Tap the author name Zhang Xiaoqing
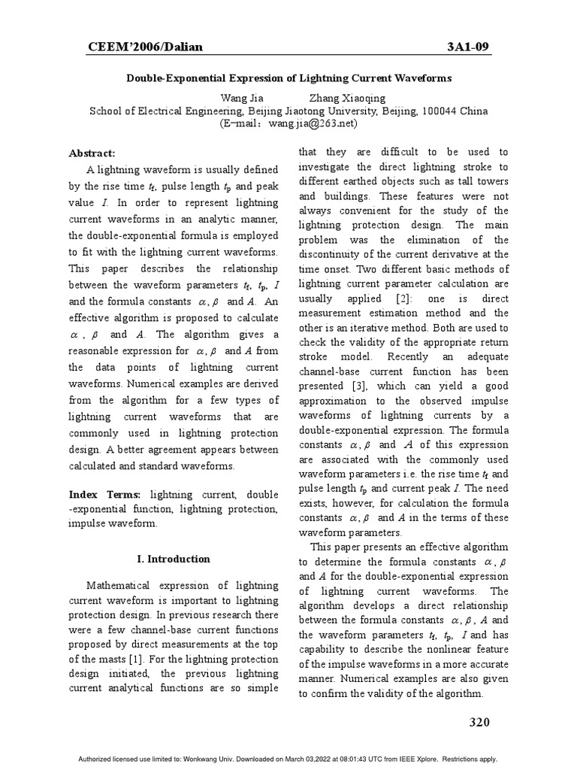coord(347,99)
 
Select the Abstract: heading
coord(92,153)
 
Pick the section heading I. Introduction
coord(173,559)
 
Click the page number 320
coord(479,723)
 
